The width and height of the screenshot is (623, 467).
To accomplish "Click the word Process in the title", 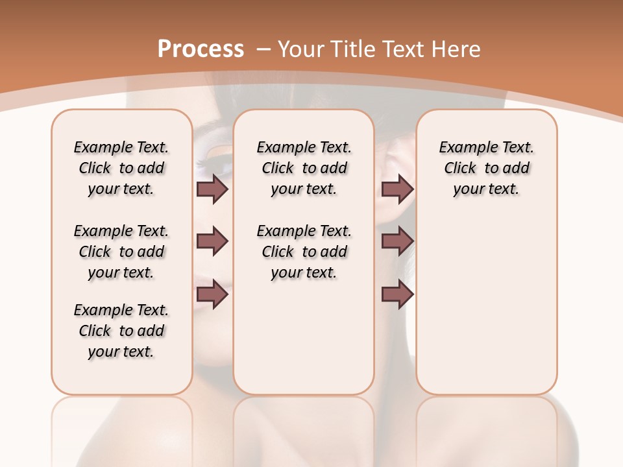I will click(201, 49).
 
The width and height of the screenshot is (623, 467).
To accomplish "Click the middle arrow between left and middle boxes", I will click(212, 241).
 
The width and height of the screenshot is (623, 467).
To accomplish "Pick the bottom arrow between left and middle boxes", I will click(212, 294).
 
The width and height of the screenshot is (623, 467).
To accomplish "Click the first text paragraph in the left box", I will click(121, 168).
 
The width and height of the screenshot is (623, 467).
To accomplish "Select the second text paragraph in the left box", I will click(121, 252).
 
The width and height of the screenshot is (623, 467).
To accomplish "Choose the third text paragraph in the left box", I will click(121, 331).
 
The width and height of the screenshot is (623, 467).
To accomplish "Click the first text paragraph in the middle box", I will click(304, 168).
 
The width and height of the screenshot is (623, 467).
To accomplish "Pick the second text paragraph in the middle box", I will click(304, 252).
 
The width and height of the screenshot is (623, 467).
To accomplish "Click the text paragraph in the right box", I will click(486, 168).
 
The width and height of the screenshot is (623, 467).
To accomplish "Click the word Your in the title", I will click(300, 49).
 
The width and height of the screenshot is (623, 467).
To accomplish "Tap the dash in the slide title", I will click(263, 49).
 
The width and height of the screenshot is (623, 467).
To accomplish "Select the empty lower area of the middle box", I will click(304, 337).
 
